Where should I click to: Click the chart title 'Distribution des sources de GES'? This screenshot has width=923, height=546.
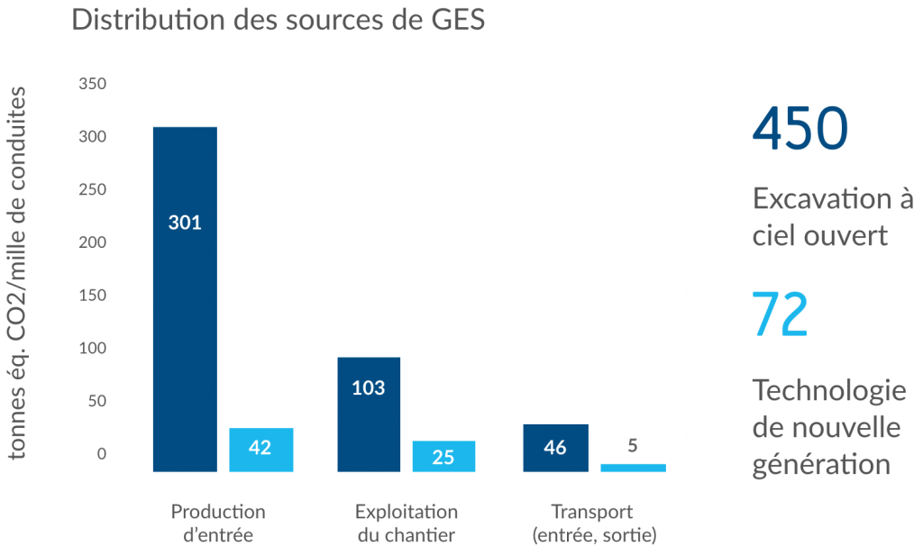click(279, 20)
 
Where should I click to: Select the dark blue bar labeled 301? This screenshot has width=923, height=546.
click(185, 297)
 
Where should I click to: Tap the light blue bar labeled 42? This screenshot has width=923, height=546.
click(260, 448)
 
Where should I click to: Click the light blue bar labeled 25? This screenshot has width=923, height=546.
click(443, 455)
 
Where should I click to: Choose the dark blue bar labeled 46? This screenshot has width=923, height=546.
click(555, 447)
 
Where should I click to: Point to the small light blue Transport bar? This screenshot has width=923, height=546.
click(633, 467)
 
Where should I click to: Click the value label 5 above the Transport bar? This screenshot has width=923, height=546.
click(633, 444)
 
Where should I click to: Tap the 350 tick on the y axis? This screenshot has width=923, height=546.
click(93, 85)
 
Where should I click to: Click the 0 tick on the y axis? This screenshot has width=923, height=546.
click(102, 454)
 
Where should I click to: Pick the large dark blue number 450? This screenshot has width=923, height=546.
click(800, 129)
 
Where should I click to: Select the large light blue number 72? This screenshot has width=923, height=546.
click(780, 315)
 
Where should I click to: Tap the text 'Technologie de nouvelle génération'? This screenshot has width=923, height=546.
click(828, 428)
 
